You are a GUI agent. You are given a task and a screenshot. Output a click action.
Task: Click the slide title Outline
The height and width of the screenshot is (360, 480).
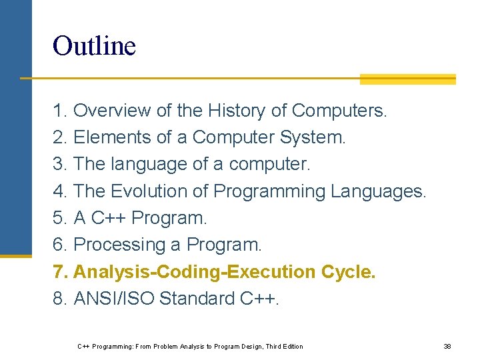pyautogui.click(x=94, y=46)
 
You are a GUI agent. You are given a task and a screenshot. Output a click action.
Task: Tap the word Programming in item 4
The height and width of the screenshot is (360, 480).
pyautogui.click(x=269, y=191)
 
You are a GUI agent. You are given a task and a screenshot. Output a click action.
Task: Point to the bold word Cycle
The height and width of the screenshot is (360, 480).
pyautogui.click(x=348, y=272)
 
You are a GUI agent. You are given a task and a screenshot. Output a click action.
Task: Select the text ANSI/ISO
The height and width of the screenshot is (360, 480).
pyautogui.click(x=114, y=299)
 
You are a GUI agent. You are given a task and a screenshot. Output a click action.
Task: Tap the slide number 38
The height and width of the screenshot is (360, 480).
pyautogui.click(x=447, y=347)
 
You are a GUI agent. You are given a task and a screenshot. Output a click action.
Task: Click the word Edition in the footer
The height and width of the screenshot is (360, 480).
pyautogui.click(x=291, y=347)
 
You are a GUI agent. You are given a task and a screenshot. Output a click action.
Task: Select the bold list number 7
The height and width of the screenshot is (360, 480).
pyautogui.click(x=60, y=272)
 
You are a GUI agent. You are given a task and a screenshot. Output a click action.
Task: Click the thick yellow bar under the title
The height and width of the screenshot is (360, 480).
pyautogui.click(x=407, y=79)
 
